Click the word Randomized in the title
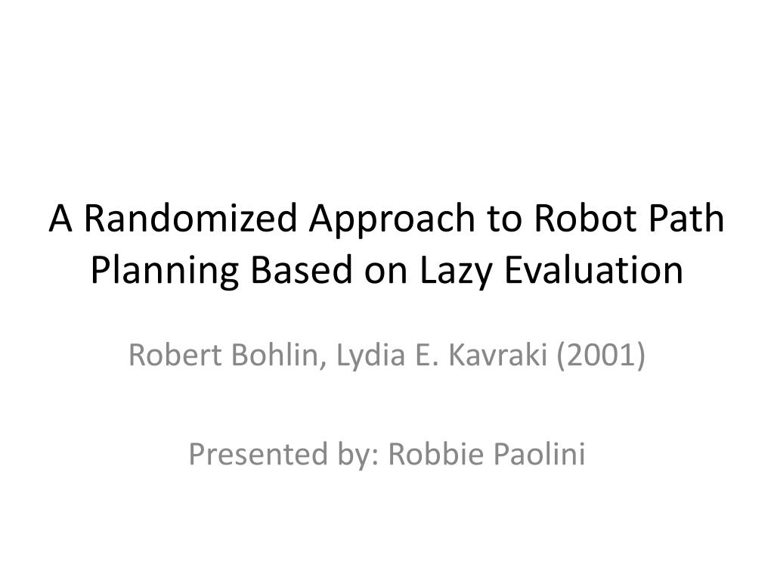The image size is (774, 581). click(190, 218)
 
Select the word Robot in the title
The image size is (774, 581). click(585, 218)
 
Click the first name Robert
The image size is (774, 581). click(175, 355)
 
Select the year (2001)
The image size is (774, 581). click(601, 356)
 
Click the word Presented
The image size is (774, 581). click(259, 454)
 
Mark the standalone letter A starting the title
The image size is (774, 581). click(60, 218)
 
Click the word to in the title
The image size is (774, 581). click(505, 219)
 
